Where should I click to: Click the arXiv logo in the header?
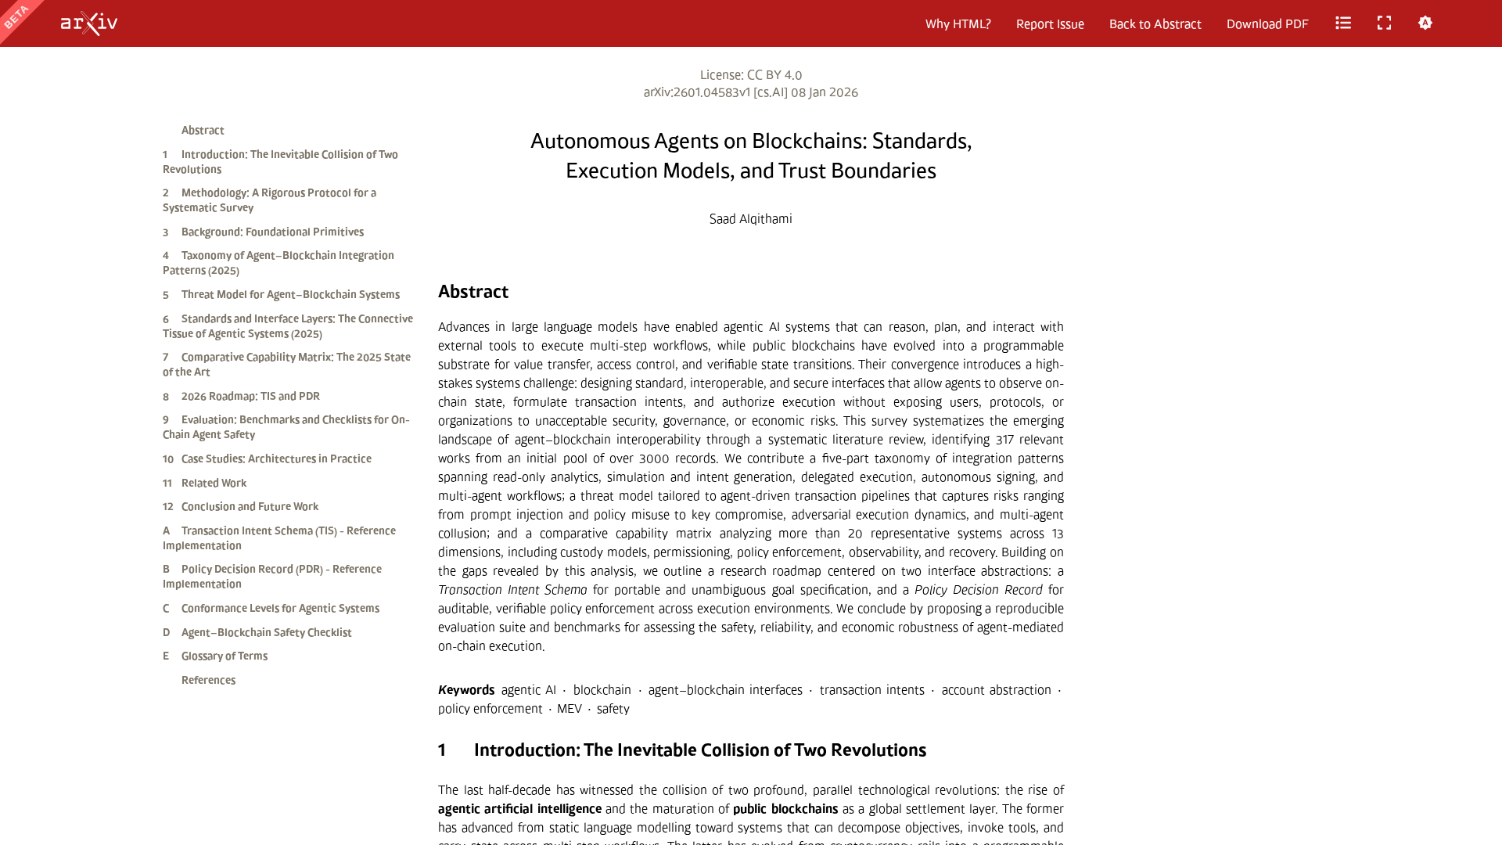pyautogui.click(x=89, y=23)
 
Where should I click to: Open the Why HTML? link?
pyautogui.click(x=958, y=24)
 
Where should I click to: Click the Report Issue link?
pyautogui.click(x=1050, y=24)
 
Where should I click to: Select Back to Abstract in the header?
pyautogui.click(x=1155, y=24)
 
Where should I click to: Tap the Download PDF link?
pyautogui.click(x=1267, y=24)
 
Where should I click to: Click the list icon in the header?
pyautogui.click(x=1343, y=23)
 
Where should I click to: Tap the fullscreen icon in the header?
pyautogui.click(x=1384, y=23)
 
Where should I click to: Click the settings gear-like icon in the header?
pyautogui.click(x=1425, y=23)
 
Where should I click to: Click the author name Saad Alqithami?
pyautogui.click(x=750, y=219)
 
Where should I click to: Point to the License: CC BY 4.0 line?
pyautogui.click(x=750, y=75)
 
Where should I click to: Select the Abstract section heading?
pyautogui.click(x=473, y=292)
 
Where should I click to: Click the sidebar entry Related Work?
pyautogui.click(x=214, y=484)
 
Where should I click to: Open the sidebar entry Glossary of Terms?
pyautogui.click(x=224, y=656)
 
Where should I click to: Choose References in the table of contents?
pyautogui.click(x=208, y=681)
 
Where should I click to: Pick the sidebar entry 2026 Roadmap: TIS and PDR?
pyautogui.click(x=250, y=397)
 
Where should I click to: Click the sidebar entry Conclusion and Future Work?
pyautogui.click(x=250, y=507)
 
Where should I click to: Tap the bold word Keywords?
pyautogui.click(x=466, y=690)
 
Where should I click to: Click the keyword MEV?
pyautogui.click(x=570, y=709)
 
